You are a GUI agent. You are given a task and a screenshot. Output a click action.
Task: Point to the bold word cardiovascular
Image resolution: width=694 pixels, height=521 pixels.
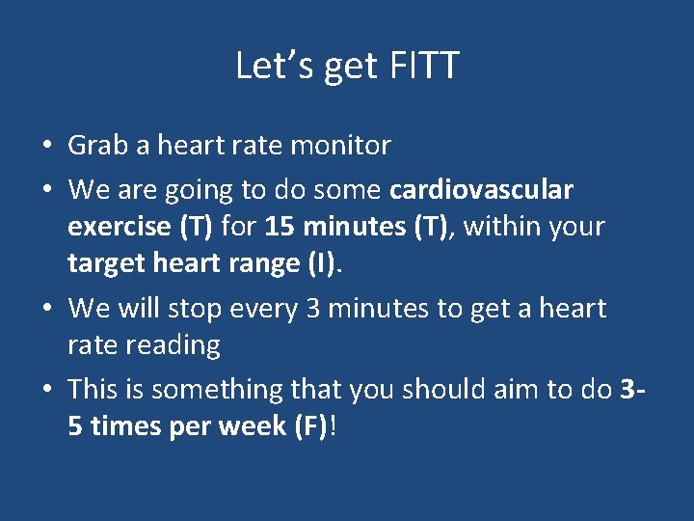point(481,190)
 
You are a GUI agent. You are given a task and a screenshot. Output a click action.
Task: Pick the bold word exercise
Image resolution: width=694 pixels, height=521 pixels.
point(118,228)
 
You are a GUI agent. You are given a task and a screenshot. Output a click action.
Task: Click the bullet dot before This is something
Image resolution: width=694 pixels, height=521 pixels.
point(46,391)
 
